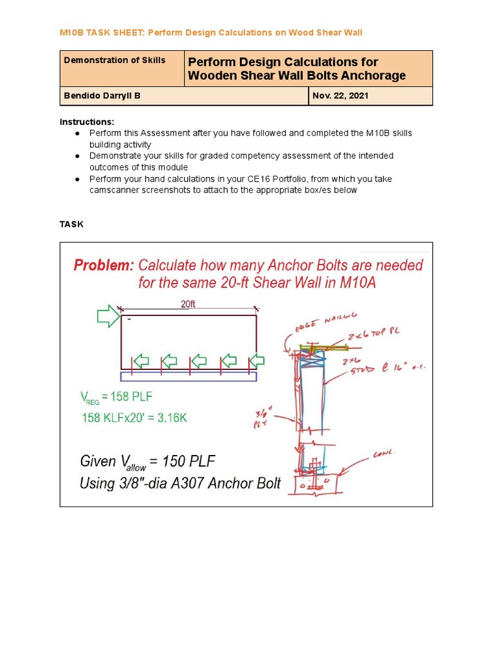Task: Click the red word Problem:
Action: coord(104,265)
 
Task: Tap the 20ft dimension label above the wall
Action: coord(188,304)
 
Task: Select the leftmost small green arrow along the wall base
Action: coord(140,361)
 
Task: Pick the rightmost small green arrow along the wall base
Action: coord(256,361)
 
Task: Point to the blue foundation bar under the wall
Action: coord(188,376)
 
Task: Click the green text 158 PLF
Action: coord(131,396)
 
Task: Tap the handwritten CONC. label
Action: coord(385,454)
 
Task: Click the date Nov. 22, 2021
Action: coord(340,96)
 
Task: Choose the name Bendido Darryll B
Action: coord(102,96)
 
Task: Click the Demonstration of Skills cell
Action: coord(114,60)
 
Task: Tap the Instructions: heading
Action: coord(87,122)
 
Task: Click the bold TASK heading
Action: coord(71,224)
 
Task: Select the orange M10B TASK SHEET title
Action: coord(211,32)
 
